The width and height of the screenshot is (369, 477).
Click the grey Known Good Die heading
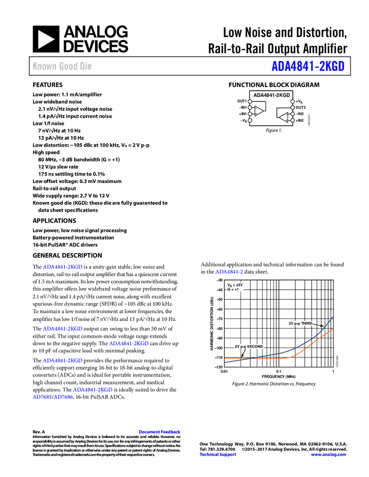62,67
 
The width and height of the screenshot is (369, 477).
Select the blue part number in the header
308,66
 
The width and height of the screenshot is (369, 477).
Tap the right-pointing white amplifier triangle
258,111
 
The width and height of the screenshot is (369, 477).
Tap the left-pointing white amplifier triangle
284,117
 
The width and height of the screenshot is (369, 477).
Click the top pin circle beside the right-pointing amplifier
250,102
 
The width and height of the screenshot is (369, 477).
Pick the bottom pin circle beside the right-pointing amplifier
250,120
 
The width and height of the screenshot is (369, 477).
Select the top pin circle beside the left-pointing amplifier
293,102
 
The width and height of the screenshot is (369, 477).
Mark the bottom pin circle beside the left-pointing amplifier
293,120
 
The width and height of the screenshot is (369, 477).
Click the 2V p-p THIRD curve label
300,324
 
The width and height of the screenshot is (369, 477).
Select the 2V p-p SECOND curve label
249,347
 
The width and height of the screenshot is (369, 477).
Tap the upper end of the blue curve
333,316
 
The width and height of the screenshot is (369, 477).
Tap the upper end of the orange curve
333,329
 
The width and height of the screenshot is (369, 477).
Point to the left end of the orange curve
226,359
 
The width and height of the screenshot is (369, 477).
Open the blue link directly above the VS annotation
229,272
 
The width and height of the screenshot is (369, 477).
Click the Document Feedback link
160,432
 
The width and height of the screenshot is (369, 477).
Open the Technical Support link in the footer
218,455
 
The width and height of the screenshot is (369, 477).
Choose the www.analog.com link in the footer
329,455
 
